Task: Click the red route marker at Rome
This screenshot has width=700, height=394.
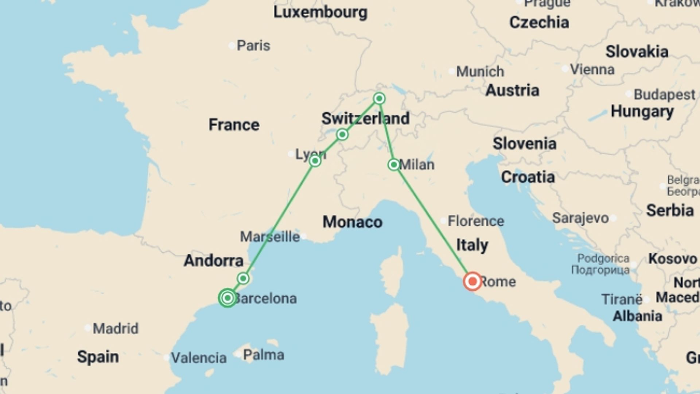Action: point(472,281)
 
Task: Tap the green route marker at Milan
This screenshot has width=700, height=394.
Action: point(394,165)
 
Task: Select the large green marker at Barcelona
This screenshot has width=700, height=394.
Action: point(227,298)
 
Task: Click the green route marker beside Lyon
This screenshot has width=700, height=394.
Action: point(315,161)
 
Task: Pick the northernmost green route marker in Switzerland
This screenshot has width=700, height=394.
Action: point(379,98)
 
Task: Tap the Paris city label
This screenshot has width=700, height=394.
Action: point(253,46)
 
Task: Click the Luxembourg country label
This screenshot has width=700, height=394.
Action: point(320,12)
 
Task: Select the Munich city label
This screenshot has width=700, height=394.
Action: point(480,72)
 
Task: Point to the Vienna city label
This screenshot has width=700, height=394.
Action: point(592,69)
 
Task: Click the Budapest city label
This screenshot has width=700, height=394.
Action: point(664,94)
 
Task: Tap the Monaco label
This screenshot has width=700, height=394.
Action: point(352,222)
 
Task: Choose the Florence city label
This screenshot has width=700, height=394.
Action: point(476,221)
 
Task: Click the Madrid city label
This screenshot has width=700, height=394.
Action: point(116,328)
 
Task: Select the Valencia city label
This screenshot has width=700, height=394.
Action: point(199,358)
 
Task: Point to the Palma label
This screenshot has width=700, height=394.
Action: point(263,355)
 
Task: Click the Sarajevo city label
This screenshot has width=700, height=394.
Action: point(580,218)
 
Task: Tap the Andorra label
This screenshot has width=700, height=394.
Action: point(214,260)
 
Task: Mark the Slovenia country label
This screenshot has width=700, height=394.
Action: point(524,144)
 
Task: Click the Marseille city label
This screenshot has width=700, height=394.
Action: point(270,237)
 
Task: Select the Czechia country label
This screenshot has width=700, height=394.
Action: point(539,23)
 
